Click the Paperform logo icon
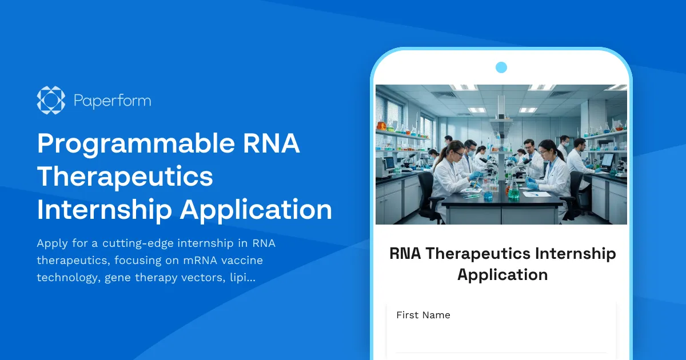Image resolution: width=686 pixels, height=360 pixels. pyautogui.click(x=51, y=101)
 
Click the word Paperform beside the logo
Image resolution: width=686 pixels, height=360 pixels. pyautogui.click(x=112, y=101)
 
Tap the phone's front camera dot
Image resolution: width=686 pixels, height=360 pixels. pyautogui.click(x=501, y=67)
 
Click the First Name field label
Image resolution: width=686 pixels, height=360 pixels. pyautogui.click(x=423, y=315)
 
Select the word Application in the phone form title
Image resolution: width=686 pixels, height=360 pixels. pyautogui.click(x=502, y=274)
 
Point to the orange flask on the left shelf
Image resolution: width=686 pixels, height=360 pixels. pyautogui.click(x=381, y=125)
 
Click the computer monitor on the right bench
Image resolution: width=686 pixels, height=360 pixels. pyautogui.click(x=607, y=160)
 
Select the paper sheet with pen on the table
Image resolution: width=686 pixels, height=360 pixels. pyautogui.click(x=537, y=194)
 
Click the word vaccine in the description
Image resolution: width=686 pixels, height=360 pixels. pyautogui.click(x=242, y=261)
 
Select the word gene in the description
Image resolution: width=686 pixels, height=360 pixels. pyautogui.click(x=117, y=278)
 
